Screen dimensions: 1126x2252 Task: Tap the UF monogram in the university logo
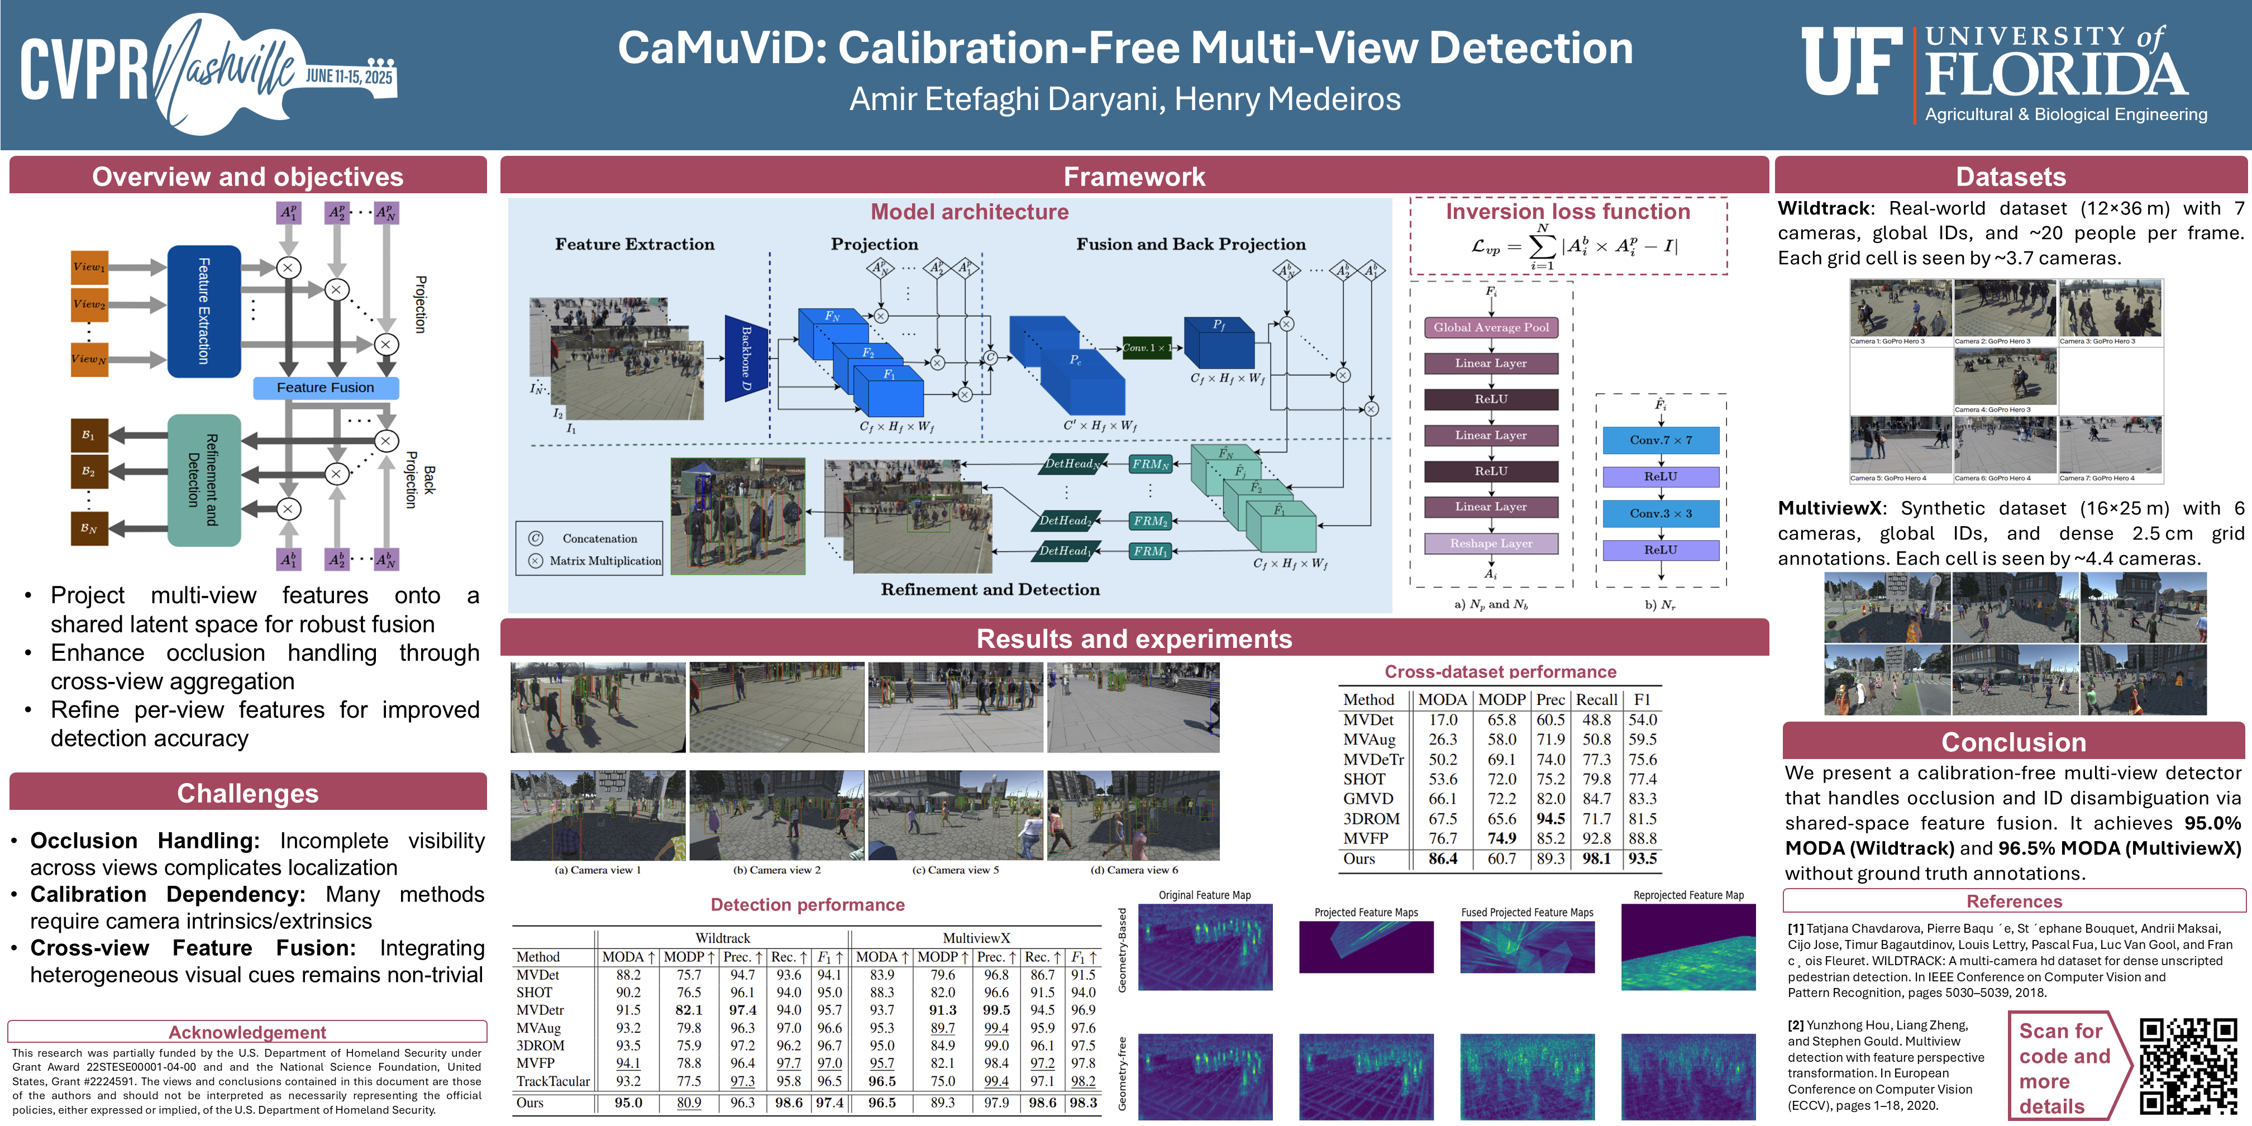tap(1851, 61)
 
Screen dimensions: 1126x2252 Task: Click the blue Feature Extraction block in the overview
tap(204, 311)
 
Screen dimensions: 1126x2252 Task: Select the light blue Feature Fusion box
tap(325, 387)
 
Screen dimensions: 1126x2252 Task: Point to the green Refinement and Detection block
tap(204, 480)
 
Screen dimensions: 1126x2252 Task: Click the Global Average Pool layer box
tap(1491, 328)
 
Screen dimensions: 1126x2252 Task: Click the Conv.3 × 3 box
tap(1660, 514)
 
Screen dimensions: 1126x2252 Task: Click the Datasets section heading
tap(2011, 176)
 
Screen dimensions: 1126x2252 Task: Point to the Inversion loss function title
tap(1567, 212)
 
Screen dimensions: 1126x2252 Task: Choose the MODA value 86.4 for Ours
tap(1443, 858)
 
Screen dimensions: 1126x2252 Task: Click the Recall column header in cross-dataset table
tap(1596, 699)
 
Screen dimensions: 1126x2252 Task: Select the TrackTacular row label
tap(552, 1081)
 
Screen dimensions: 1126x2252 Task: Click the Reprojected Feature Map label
tap(1688, 895)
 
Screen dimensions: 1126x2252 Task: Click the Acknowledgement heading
tap(247, 1033)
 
